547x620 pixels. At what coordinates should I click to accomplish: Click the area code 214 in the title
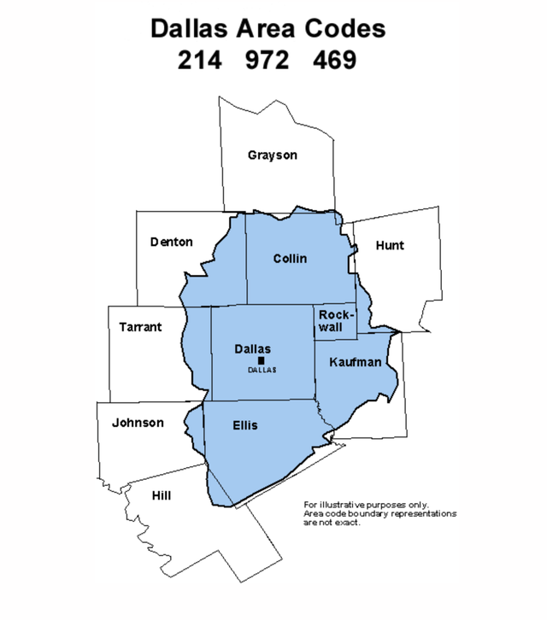(200, 61)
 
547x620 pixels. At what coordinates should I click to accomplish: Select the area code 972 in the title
(268, 61)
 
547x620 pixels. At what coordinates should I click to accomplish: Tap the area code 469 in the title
(335, 61)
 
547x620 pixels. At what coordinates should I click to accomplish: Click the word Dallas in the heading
(190, 28)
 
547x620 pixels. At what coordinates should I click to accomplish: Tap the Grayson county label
(273, 155)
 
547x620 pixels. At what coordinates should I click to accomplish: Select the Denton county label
(172, 242)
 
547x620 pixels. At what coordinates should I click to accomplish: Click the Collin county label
(290, 259)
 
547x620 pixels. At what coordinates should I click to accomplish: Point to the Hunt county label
(390, 246)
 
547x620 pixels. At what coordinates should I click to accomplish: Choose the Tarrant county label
(140, 327)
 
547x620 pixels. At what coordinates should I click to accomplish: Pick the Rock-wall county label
(334, 321)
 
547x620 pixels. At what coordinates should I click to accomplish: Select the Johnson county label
(137, 423)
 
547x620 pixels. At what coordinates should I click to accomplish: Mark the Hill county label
(161, 494)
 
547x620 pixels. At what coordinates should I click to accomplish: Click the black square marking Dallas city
(251, 360)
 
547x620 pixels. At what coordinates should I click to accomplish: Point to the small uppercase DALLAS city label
(262, 370)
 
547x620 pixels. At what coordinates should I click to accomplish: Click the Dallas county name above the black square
(252, 348)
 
